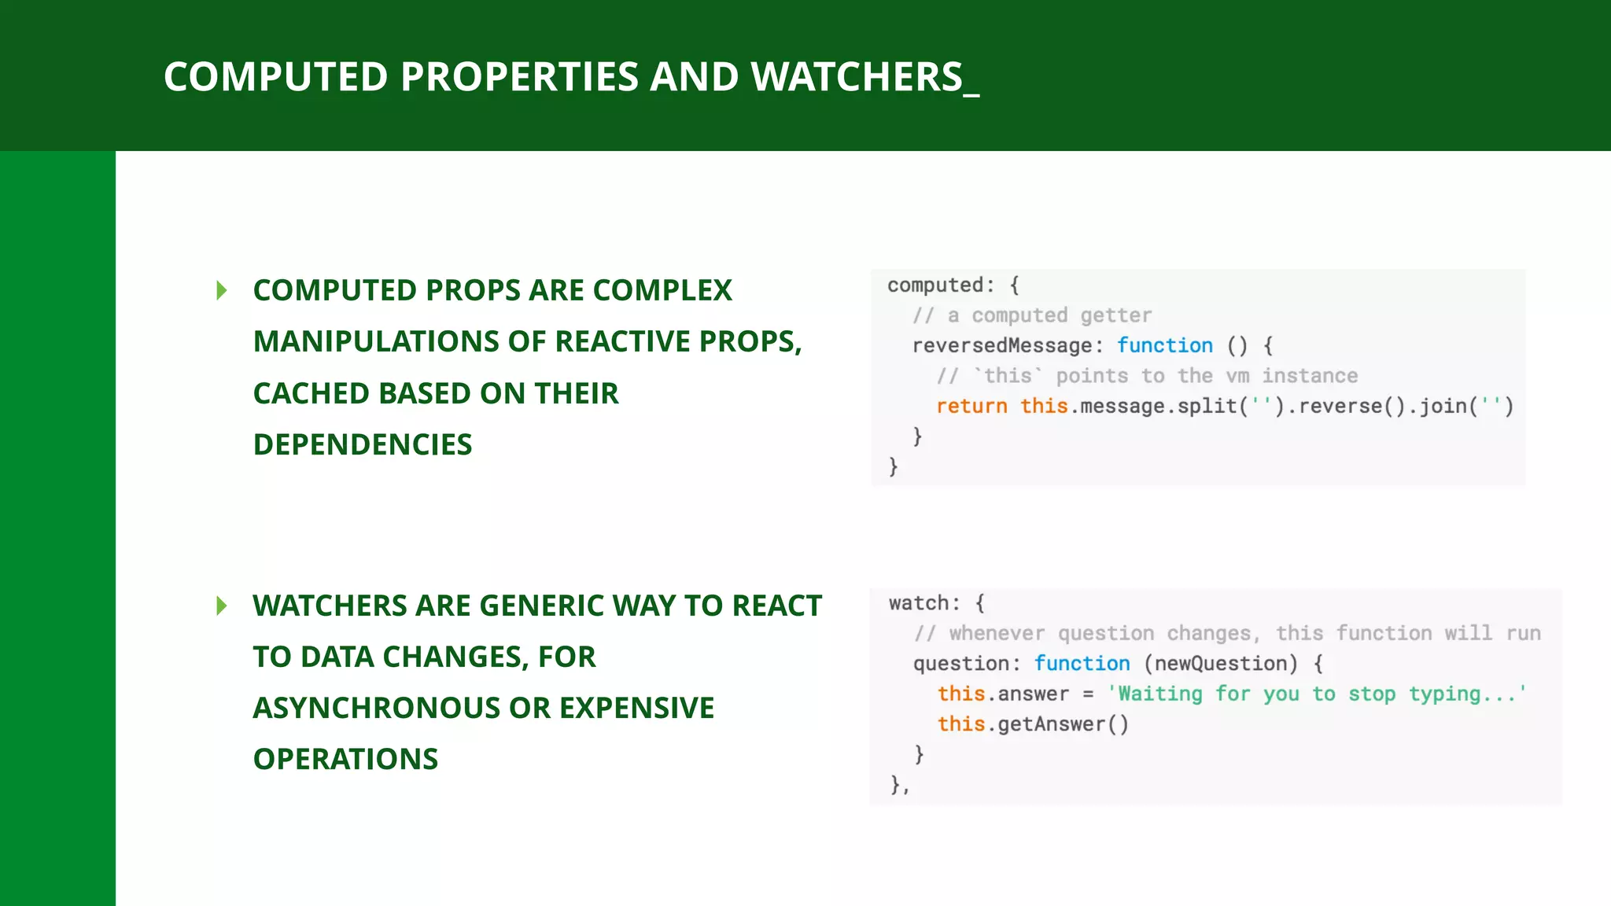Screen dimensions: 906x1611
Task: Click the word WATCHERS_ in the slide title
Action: coord(864,77)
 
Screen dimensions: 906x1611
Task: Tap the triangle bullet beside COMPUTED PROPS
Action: coord(222,291)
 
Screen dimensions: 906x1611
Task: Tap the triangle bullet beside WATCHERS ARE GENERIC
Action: coord(222,606)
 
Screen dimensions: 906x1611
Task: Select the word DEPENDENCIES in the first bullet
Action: coord(363,445)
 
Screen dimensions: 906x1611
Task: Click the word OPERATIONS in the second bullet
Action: coord(345,759)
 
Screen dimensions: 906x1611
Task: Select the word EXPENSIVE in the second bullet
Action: coord(636,708)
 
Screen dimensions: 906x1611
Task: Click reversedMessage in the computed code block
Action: coord(1001,345)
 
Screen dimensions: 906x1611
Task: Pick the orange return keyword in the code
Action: coord(971,406)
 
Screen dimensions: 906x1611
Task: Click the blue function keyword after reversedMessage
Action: coord(1165,345)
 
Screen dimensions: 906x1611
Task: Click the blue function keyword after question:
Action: coord(1082,663)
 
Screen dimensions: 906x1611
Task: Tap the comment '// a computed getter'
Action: coord(1032,315)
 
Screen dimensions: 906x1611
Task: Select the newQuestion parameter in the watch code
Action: coord(1220,663)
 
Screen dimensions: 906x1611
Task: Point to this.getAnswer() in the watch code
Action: coord(1033,724)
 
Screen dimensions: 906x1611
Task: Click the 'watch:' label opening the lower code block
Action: coord(924,603)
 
